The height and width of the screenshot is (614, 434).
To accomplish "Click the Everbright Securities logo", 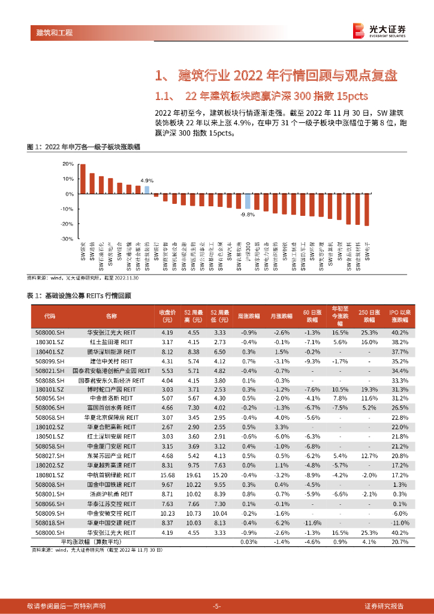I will tap(379, 31).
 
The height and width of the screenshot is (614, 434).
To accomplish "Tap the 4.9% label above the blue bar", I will tap(147, 180).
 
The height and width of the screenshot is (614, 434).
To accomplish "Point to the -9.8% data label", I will tap(247, 214).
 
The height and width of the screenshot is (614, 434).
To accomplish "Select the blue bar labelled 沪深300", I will tap(247, 201).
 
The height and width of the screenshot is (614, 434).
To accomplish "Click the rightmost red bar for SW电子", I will tap(366, 210).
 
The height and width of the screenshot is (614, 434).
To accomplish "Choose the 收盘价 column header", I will tap(167, 315).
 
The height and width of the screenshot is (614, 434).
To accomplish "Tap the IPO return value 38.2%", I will tap(399, 341).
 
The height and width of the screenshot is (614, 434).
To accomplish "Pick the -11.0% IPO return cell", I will tap(399, 523).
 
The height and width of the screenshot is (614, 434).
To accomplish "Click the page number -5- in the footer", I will tap(217, 606).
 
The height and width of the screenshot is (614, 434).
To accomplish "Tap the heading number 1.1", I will tap(164, 96).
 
